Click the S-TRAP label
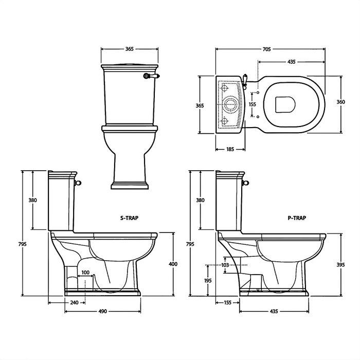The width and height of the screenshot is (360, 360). click(129, 218)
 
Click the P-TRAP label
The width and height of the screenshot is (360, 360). click(297, 218)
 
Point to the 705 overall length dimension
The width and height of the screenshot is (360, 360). click(266, 49)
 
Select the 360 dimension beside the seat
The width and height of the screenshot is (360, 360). click(340, 102)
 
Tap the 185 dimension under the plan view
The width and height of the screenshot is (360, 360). click(230, 150)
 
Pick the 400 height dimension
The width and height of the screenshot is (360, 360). click(173, 264)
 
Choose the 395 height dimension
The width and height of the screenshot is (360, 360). click(340, 264)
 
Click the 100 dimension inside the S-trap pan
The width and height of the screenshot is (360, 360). click(85, 272)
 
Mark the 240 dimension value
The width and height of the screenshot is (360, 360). click(74, 302)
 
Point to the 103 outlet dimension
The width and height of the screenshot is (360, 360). click(224, 264)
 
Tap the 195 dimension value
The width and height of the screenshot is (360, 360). click(207, 280)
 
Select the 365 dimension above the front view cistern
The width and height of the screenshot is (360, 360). click(130, 49)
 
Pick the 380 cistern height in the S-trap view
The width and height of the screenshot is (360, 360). click(32, 200)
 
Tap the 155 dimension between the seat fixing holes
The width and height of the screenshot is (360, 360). click(252, 104)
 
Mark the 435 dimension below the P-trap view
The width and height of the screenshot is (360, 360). click(274, 312)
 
